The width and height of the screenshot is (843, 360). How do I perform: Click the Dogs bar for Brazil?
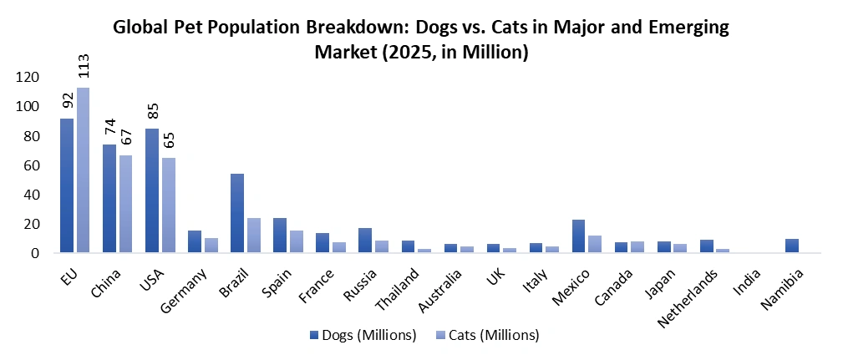(237, 213)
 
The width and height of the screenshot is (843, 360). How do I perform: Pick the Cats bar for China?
(126, 204)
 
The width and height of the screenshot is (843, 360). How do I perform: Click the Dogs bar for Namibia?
(792, 246)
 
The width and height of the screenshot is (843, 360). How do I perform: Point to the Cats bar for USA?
(169, 205)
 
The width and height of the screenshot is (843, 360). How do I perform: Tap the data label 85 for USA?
(152, 111)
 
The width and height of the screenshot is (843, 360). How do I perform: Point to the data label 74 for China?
(109, 127)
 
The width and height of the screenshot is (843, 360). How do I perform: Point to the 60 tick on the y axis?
(31, 165)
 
